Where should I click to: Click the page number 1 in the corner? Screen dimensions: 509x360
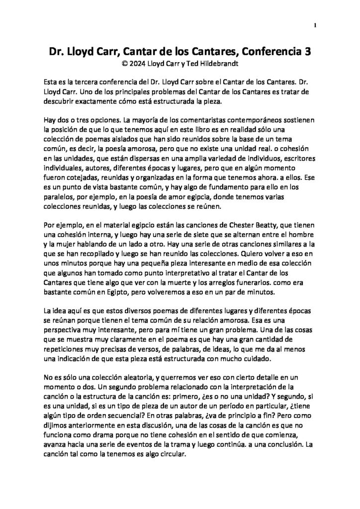pyautogui.click(x=316, y=25)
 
